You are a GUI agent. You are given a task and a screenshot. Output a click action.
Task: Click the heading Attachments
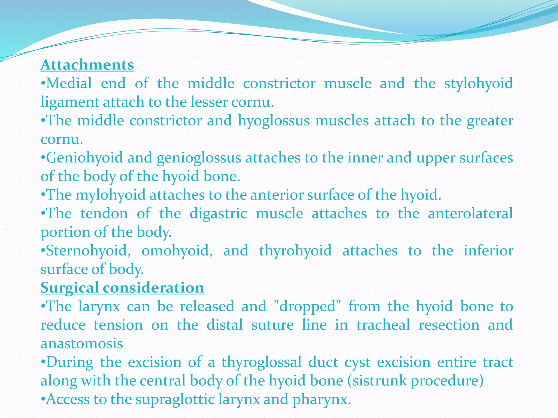[87, 65]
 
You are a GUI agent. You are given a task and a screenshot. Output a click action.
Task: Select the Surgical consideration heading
[122, 288]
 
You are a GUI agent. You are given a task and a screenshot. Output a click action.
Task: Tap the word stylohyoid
[478, 83]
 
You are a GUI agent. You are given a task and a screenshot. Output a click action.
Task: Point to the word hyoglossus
[274, 121]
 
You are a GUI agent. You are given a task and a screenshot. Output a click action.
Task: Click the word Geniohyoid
[85, 158]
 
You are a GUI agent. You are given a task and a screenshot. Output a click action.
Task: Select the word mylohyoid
[111, 195]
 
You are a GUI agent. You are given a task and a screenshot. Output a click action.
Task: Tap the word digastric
[218, 214]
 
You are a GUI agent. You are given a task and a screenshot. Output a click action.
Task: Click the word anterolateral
[470, 213]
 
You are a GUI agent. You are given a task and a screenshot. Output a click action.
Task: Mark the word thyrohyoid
[295, 251]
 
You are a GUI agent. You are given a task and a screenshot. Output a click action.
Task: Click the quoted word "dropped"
[307, 306]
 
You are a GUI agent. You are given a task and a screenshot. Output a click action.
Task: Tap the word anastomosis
[82, 343]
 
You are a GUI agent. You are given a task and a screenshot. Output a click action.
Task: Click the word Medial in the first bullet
[69, 83]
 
